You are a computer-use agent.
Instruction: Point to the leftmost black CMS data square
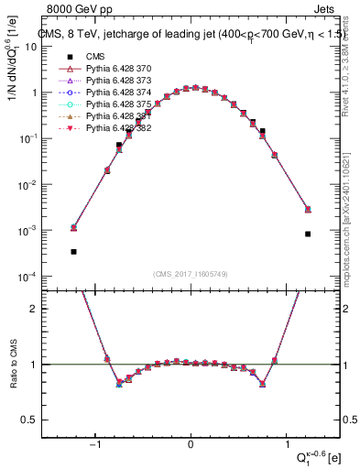[73, 251]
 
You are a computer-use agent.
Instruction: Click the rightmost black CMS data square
[308, 234]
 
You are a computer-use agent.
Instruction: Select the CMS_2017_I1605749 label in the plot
[191, 275]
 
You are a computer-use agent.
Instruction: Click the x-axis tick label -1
[96, 445]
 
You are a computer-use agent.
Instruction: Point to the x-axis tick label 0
[191, 445]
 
